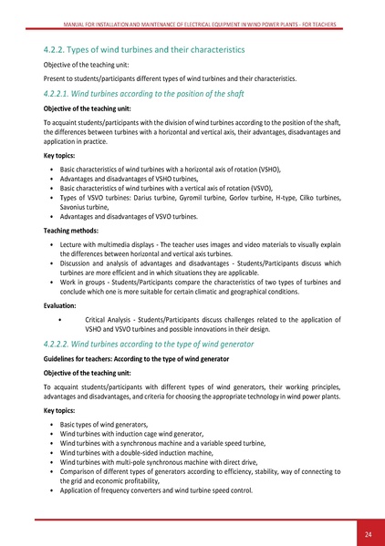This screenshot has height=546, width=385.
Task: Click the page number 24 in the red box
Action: pyautogui.click(x=367, y=533)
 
